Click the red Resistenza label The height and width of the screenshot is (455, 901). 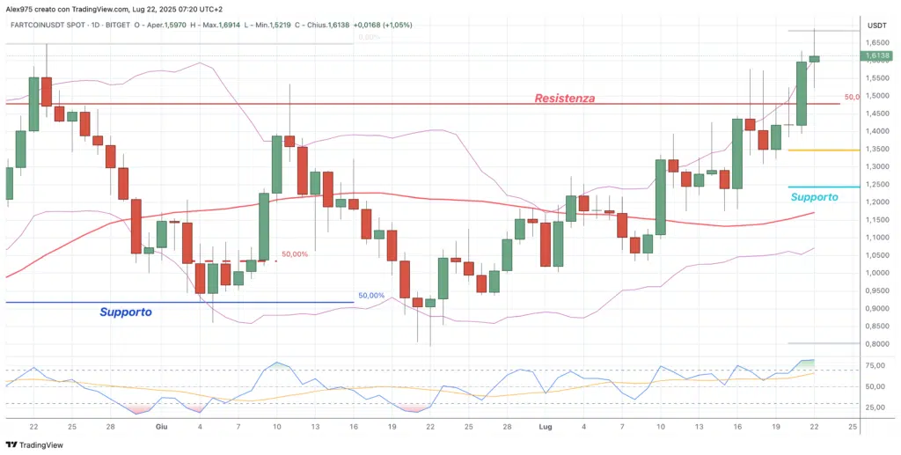(x=565, y=99)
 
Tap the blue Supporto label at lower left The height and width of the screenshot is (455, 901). (x=126, y=312)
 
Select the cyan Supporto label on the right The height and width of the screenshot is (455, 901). (x=814, y=197)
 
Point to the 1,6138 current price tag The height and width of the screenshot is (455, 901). (x=876, y=56)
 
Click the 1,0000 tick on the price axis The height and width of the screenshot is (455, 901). (x=876, y=273)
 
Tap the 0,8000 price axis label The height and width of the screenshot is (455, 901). (x=876, y=344)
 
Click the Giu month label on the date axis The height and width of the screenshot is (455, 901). (x=161, y=426)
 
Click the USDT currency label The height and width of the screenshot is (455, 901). (x=876, y=26)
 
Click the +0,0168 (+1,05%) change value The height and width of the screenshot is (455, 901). (x=383, y=25)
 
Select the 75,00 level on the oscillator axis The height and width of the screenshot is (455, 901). (x=876, y=369)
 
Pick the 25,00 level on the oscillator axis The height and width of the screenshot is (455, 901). (x=876, y=407)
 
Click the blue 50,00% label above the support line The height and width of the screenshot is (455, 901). (x=371, y=296)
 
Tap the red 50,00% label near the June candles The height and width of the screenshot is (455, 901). (x=295, y=254)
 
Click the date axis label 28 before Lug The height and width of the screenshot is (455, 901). (x=508, y=426)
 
